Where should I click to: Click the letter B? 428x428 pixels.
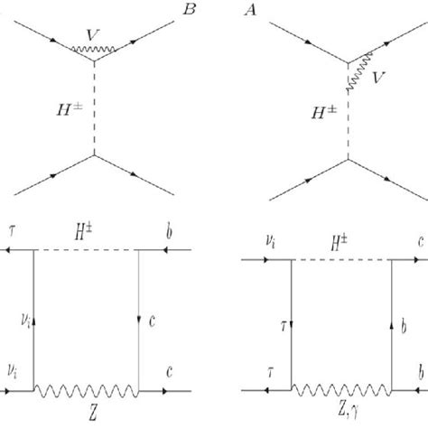[190, 10]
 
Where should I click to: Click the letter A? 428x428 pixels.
[251, 10]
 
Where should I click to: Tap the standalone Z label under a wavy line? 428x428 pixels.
[93, 414]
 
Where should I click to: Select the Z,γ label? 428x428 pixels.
[348, 411]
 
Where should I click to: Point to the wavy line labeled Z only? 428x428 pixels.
[86, 391]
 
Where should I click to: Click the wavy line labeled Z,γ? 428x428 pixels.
[341, 390]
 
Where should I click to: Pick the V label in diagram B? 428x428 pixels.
[92, 35]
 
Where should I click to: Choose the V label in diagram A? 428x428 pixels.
[378, 78]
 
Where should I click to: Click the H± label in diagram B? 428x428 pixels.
[70, 109]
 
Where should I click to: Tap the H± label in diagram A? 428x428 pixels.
[324, 113]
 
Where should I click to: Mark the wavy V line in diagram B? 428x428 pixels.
[93, 49]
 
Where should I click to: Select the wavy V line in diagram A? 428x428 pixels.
[360, 71]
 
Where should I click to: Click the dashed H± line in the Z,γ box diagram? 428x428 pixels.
[341, 259]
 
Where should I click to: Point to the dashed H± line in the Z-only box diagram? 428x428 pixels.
[86, 250]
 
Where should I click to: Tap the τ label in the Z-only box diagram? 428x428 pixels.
[12, 231]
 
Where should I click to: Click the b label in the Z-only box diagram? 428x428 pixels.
[169, 232]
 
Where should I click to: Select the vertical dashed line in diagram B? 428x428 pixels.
[94, 108]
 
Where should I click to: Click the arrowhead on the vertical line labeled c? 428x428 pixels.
[139, 320]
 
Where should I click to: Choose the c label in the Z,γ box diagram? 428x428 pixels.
[421, 242]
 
